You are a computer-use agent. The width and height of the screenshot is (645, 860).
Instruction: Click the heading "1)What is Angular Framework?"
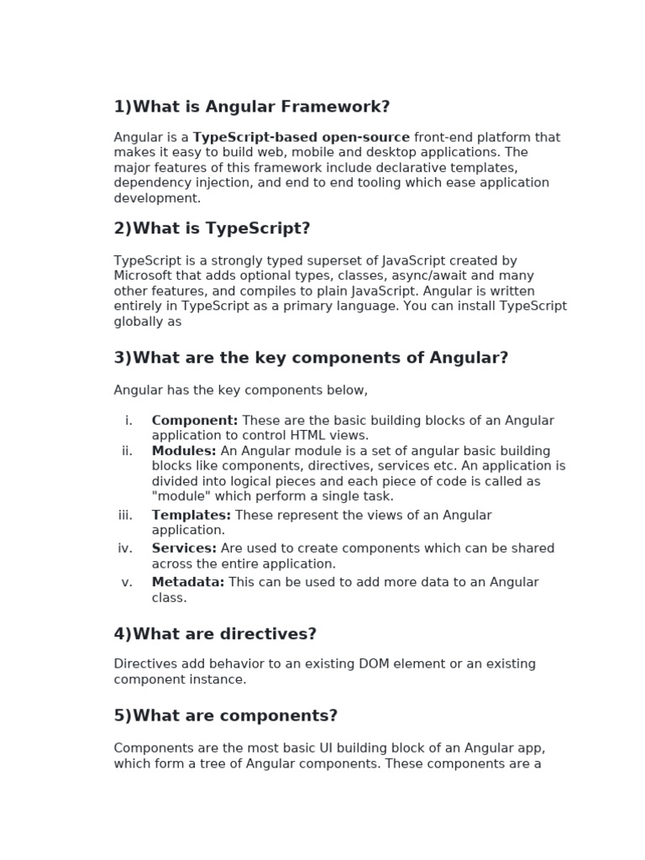point(252,107)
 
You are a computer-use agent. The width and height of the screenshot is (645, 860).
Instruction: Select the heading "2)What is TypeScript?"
point(212,228)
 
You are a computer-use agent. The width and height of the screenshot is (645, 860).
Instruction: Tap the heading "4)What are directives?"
point(214,634)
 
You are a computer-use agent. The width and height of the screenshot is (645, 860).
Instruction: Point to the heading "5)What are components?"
point(225,716)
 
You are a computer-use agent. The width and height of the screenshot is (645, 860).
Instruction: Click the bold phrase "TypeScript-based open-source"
point(302,137)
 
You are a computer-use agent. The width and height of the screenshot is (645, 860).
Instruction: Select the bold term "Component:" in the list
point(195,420)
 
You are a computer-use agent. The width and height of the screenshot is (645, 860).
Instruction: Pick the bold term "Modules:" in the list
point(184,451)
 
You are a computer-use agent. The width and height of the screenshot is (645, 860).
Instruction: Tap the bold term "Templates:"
point(191,515)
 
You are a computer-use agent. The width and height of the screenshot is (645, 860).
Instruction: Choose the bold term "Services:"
point(184,548)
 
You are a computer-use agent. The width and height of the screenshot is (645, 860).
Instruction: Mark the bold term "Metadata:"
point(188,582)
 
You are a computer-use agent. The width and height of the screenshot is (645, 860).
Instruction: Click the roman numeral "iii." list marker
point(126,515)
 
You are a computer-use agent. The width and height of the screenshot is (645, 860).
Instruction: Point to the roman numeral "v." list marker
point(127,582)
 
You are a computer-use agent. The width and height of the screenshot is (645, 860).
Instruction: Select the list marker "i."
point(128,420)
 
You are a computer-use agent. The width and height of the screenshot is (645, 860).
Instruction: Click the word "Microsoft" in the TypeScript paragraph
point(143,275)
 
